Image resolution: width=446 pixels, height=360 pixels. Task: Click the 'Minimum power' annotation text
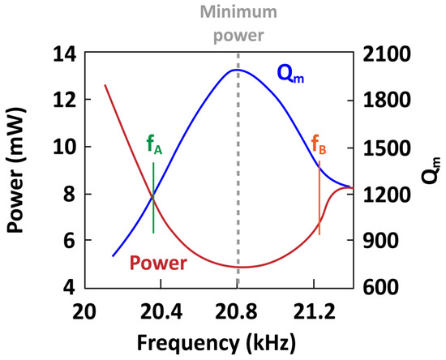click(x=238, y=25)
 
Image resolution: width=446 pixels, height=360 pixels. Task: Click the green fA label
click(x=154, y=145)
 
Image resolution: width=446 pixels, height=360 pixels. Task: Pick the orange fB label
click(x=319, y=145)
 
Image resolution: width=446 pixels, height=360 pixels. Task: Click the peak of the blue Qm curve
click(x=236, y=70)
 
